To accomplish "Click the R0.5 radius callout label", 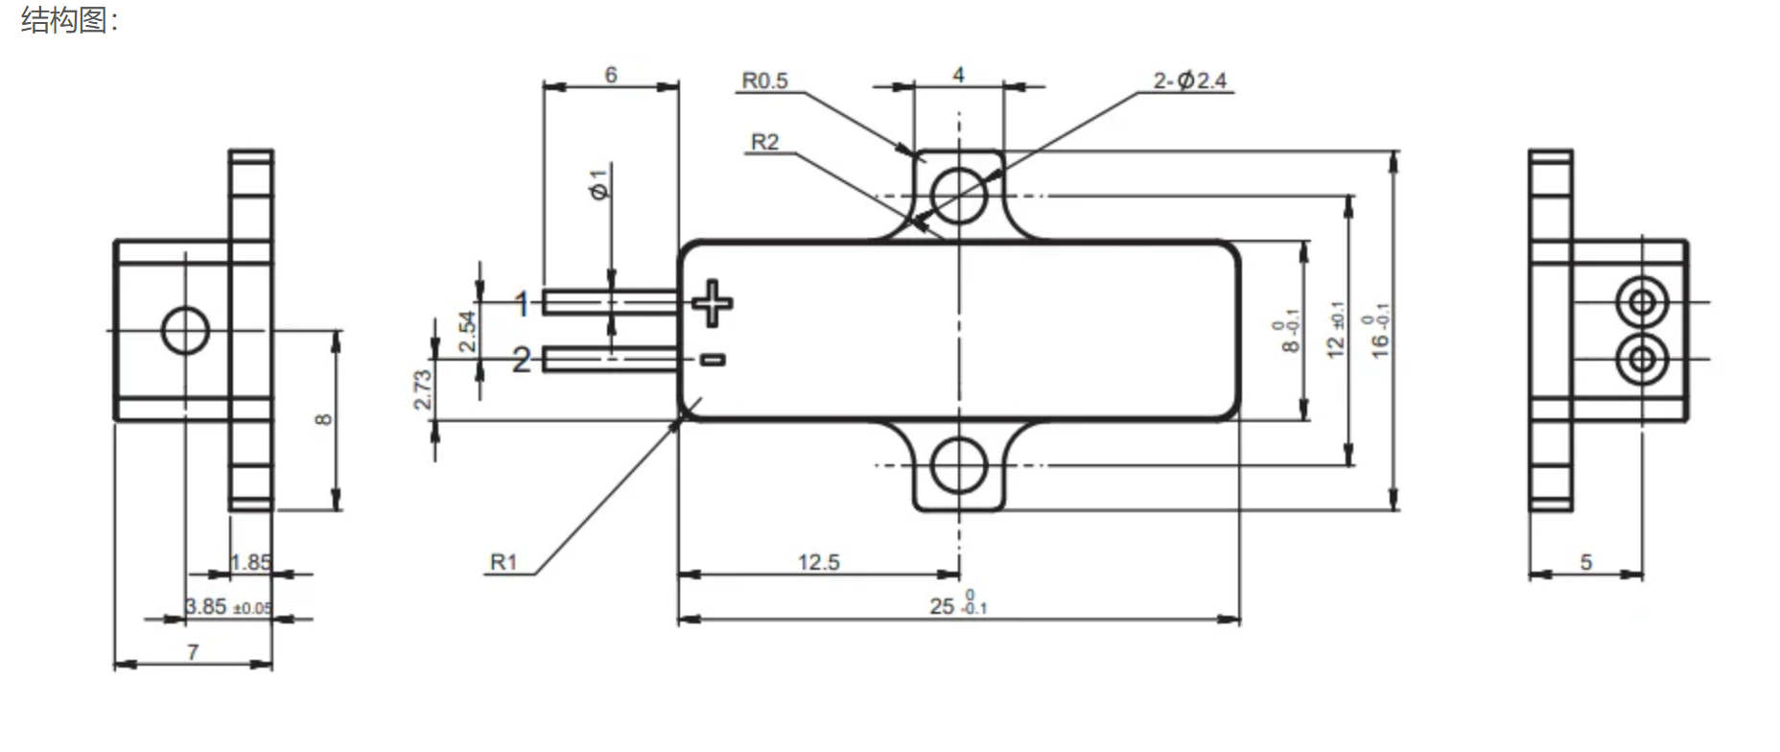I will click(764, 81).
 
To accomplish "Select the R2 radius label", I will click(764, 142).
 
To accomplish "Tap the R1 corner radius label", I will click(504, 562).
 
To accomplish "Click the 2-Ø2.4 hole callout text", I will click(1189, 81).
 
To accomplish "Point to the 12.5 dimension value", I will click(818, 562).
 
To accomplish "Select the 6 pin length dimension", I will click(611, 75).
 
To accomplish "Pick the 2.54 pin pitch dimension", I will click(467, 331).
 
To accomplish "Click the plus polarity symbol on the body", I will click(712, 303).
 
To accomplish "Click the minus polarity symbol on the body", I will click(712, 360).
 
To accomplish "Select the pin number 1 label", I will click(521, 305).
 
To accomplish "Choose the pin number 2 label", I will click(521, 361).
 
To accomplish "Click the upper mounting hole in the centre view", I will click(958, 195).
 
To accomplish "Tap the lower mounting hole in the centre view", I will click(958, 465).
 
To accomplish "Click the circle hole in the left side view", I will click(185, 330).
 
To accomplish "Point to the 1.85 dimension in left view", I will click(250, 562).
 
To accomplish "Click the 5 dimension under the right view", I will click(1586, 562).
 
